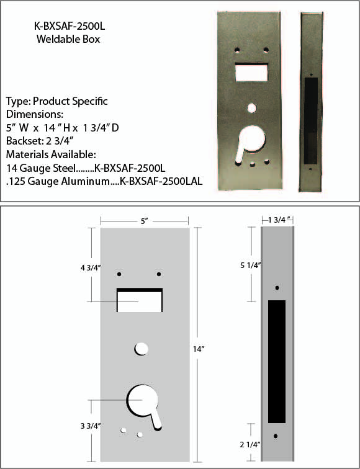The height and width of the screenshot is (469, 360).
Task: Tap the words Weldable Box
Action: click(x=68, y=39)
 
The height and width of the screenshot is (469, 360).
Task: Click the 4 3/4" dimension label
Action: click(x=91, y=268)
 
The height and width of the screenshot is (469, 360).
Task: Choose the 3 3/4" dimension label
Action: click(x=91, y=426)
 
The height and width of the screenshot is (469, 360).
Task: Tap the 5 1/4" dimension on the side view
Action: click(x=251, y=265)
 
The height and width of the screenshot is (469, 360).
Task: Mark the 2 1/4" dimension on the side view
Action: click(x=251, y=444)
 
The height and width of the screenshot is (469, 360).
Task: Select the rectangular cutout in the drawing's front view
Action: click(x=140, y=301)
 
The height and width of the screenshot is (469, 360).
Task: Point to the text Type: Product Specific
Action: click(x=56, y=101)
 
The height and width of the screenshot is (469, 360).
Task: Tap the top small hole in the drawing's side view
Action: click(x=277, y=288)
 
